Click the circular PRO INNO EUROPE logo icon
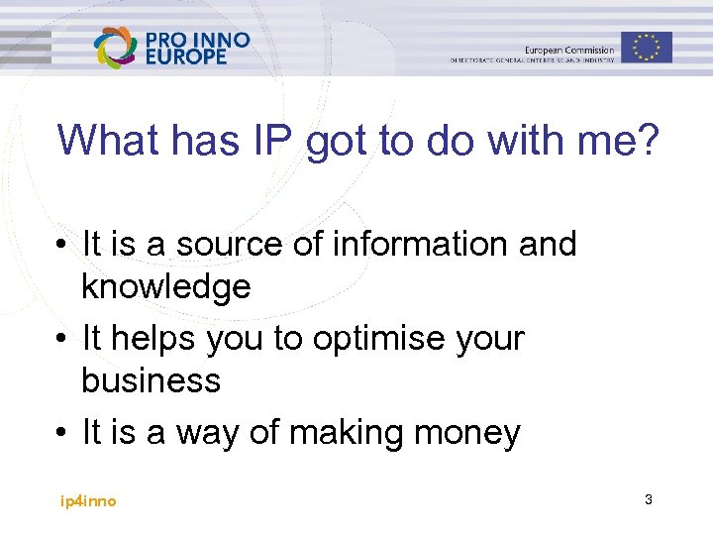coord(115,48)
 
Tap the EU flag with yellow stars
coord(647,47)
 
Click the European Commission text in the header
coord(568,50)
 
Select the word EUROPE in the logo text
coord(186,57)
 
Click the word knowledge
coord(165,287)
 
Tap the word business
coord(151,380)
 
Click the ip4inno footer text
coord(87,501)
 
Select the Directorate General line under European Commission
coord(532,60)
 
